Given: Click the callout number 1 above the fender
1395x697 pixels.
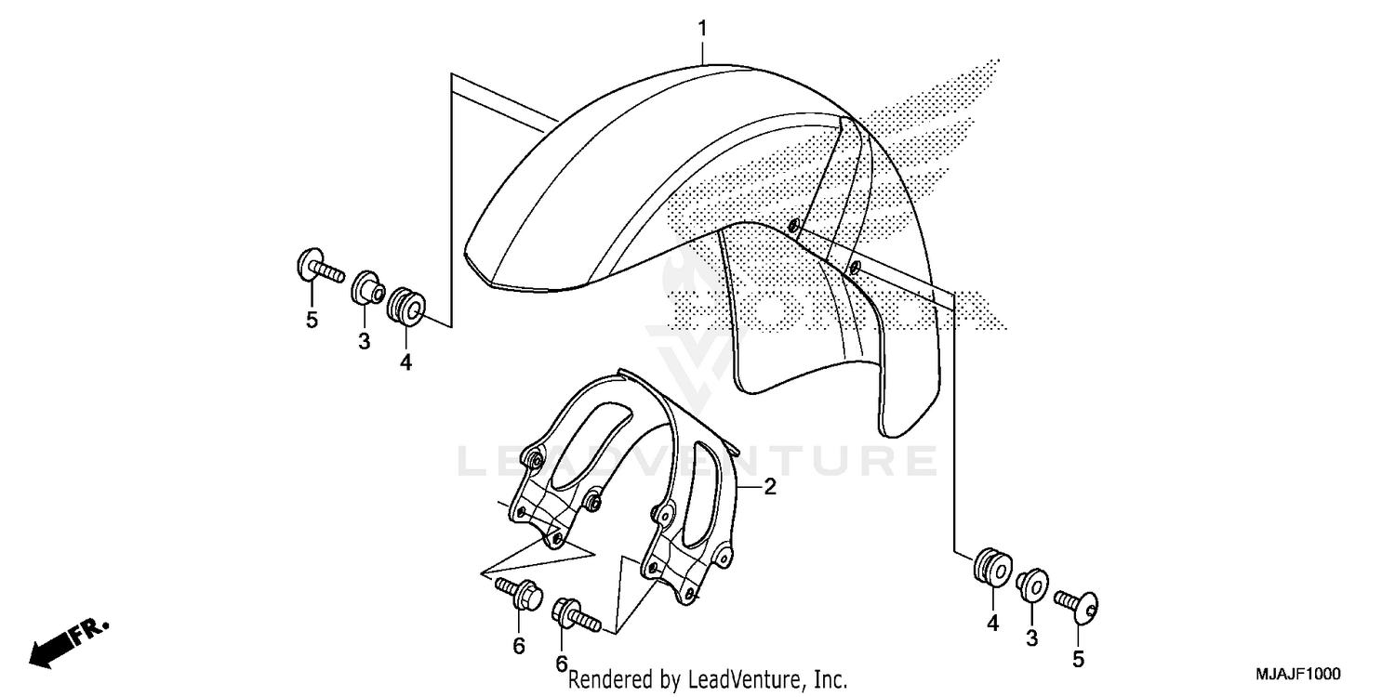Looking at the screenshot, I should [x=703, y=29].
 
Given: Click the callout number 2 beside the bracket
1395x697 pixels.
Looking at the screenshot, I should [x=770, y=486].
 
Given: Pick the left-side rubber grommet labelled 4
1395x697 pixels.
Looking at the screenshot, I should [x=406, y=306].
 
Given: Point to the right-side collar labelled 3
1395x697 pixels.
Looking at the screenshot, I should [x=1032, y=585].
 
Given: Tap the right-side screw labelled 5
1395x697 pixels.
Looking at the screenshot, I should [x=1079, y=605].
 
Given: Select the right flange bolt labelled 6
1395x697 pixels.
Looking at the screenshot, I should [x=574, y=613].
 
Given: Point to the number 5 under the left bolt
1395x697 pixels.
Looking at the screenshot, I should [x=312, y=321].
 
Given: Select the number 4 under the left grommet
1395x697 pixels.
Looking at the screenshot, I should [x=405, y=363].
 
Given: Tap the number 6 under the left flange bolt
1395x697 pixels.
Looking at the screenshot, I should [x=519, y=645].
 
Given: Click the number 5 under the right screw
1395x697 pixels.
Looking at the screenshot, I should [x=1078, y=661].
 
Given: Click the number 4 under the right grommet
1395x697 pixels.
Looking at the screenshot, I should [x=992, y=625].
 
